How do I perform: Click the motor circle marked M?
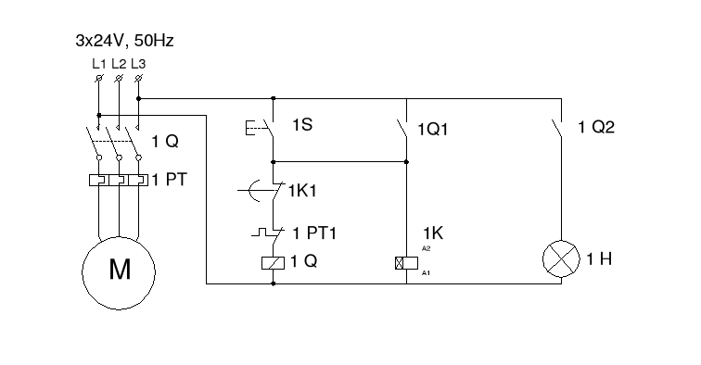pyautogui.click(x=120, y=270)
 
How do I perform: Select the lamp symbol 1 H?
pyautogui.click(x=561, y=259)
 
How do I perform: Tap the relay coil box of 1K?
pyautogui.click(x=406, y=261)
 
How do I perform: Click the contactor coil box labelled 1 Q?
pyautogui.click(x=274, y=261)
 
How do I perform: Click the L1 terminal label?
pyautogui.click(x=99, y=64)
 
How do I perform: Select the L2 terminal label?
pyautogui.click(x=119, y=64)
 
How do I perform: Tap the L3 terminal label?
pyautogui.click(x=138, y=64)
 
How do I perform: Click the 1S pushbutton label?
pyautogui.click(x=301, y=123)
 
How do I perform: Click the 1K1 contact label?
pyautogui.click(x=302, y=192)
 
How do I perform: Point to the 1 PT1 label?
pyautogui.click(x=314, y=233)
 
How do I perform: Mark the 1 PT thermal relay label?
pyautogui.click(x=170, y=180)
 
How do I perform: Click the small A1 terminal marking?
pyautogui.click(x=427, y=273)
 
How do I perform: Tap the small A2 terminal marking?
pyautogui.click(x=427, y=249)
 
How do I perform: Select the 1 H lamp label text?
pyautogui.click(x=599, y=260)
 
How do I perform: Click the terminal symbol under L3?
pyautogui.click(x=138, y=80)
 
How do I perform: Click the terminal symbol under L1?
pyautogui.click(x=99, y=80)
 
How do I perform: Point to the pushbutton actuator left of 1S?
pyautogui.click(x=253, y=127)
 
